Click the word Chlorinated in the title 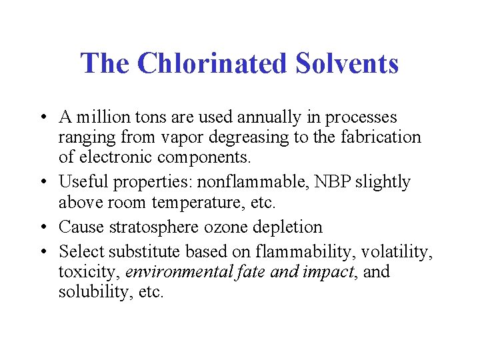(211, 63)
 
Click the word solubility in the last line (89, 292)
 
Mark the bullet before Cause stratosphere (43, 227)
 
